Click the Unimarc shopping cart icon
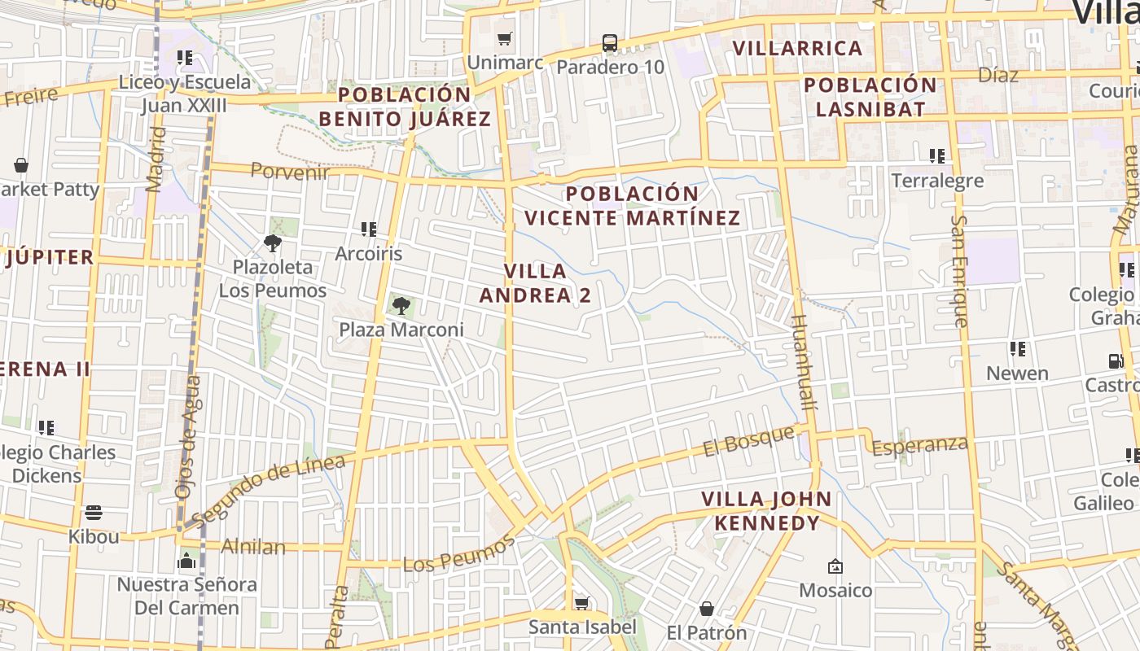click(505, 38)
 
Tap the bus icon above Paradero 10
click(610, 43)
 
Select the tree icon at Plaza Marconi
click(401, 306)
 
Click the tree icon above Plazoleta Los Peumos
click(273, 242)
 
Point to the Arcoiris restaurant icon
click(369, 230)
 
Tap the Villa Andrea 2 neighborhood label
click(535, 283)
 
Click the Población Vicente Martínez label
click(633, 206)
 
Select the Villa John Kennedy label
click(767, 510)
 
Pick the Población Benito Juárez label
click(405, 107)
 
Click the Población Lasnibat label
click(870, 97)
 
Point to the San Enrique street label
click(960, 271)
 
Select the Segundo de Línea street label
click(269, 490)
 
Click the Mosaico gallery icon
click(835, 566)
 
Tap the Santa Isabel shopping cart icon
click(581, 603)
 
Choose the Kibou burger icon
click(94, 513)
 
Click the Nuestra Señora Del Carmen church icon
click(186, 561)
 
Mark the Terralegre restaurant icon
click(936, 155)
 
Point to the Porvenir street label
click(290, 171)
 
